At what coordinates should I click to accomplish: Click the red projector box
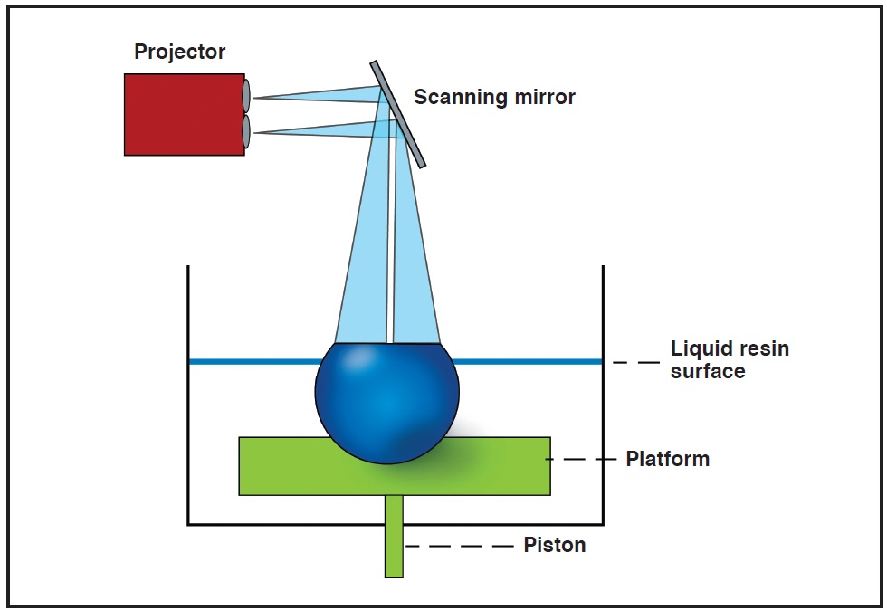click(185, 114)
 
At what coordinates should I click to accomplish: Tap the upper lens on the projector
click(246, 96)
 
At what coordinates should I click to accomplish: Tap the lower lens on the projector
click(246, 131)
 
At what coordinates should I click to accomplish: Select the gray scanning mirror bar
click(397, 114)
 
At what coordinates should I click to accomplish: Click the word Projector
click(179, 52)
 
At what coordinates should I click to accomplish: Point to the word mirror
click(546, 98)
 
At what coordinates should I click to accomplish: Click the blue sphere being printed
click(387, 403)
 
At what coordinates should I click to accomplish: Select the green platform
click(395, 466)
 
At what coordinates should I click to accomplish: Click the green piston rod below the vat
click(394, 537)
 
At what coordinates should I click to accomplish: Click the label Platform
click(668, 459)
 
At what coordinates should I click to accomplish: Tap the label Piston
click(554, 545)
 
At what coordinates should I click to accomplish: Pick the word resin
click(764, 349)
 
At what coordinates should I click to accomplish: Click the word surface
click(708, 372)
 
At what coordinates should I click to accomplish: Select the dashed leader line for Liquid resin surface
click(636, 362)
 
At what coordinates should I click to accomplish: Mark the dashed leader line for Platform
click(581, 459)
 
